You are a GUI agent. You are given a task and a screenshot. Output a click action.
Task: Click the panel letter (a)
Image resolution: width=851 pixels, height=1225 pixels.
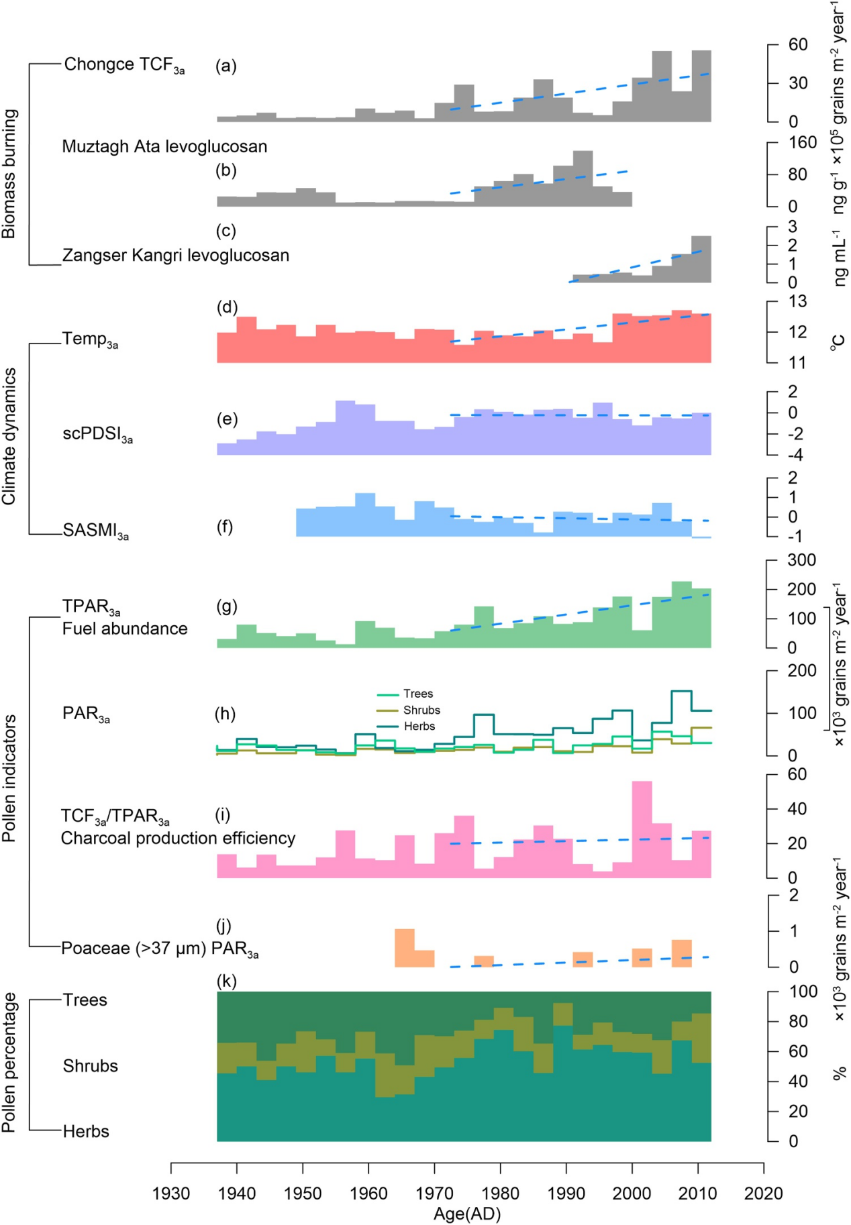[226, 66]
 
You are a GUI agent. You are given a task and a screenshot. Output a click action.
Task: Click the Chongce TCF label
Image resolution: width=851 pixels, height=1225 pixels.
[124, 65]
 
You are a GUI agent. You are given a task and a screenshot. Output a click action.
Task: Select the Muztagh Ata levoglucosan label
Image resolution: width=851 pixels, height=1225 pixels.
[164, 146]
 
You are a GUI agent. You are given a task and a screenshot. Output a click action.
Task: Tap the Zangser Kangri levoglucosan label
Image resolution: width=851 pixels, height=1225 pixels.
[176, 256]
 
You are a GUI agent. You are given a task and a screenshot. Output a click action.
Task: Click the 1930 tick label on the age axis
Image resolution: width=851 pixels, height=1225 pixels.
[171, 1193]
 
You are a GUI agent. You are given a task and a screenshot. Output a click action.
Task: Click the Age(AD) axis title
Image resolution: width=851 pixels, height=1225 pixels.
[467, 1214]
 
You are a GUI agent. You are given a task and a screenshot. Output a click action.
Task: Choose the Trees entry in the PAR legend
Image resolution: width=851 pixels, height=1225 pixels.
[417, 694]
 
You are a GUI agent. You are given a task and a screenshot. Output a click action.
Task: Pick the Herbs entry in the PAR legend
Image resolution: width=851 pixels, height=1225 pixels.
[419, 726]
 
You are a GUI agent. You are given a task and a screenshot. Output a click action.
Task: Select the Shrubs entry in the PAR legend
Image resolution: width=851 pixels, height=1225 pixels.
[421, 710]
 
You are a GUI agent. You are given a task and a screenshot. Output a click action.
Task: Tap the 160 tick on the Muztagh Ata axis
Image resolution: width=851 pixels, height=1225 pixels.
[803, 142]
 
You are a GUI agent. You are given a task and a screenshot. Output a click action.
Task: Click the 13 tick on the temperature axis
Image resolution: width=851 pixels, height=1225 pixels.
[797, 301]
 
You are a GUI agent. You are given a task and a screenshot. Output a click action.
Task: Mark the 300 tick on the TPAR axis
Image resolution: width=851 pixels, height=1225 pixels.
[801, 560]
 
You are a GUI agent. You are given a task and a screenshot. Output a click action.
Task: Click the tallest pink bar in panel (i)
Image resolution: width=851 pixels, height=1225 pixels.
[642, 829]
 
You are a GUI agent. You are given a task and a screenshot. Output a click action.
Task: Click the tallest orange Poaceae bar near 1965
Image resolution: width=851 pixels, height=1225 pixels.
[405, 947]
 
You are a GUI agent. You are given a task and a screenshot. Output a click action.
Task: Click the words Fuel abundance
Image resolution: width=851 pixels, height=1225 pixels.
[125, 629]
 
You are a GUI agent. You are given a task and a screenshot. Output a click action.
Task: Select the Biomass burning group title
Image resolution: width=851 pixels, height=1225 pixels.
[9, 174]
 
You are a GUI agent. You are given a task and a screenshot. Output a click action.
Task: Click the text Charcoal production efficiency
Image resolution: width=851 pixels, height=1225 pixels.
[178, 838]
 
